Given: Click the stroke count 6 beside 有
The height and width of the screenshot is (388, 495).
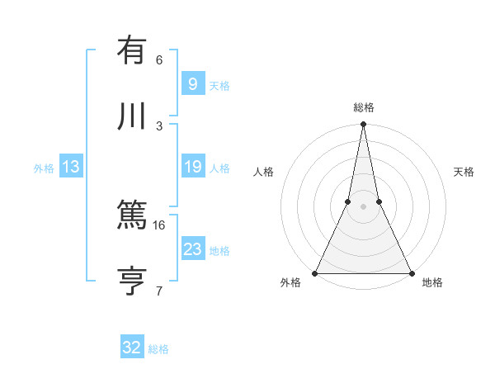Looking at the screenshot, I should click(x=159, y=59).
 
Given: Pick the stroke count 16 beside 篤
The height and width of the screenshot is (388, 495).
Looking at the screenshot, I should click(x=159, y=225).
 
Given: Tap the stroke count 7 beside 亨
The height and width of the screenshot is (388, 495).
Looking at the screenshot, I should click(x=159, y=291).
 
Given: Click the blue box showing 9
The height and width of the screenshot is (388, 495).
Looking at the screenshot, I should click(x=192, y=84).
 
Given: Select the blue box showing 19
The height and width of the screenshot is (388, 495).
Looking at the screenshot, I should click(x=192, y=167).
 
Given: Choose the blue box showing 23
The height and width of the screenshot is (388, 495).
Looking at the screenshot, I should click(x=192, y=249).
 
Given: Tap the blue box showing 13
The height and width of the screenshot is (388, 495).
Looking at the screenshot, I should click(x=71, y=168).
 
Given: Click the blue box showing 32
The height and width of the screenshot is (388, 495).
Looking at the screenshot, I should click(x=131, y=348).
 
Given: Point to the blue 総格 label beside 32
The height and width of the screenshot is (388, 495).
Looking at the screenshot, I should click(x=158, y=349).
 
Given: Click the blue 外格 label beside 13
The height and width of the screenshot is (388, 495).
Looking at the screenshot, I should click(x=44, y=168).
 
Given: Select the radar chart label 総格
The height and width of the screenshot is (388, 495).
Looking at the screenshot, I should click(x=364, y=108).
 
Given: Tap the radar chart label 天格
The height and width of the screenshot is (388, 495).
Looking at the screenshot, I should click(x=464, y=173).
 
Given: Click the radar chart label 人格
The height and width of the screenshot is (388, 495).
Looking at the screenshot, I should click(x=263, y=173).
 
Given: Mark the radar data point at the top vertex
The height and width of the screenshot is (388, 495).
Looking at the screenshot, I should click(x=363, y=125).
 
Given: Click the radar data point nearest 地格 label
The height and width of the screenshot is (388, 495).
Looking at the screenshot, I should click(x=411, y=272).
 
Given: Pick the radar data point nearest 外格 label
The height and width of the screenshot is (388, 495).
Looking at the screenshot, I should click(x=315, y=272).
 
